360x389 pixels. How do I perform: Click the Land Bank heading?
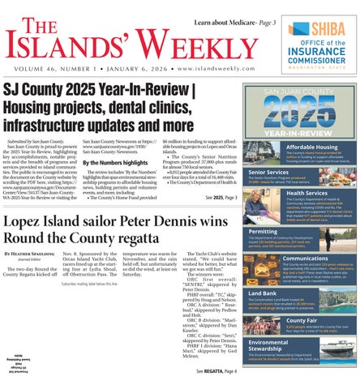267,292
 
